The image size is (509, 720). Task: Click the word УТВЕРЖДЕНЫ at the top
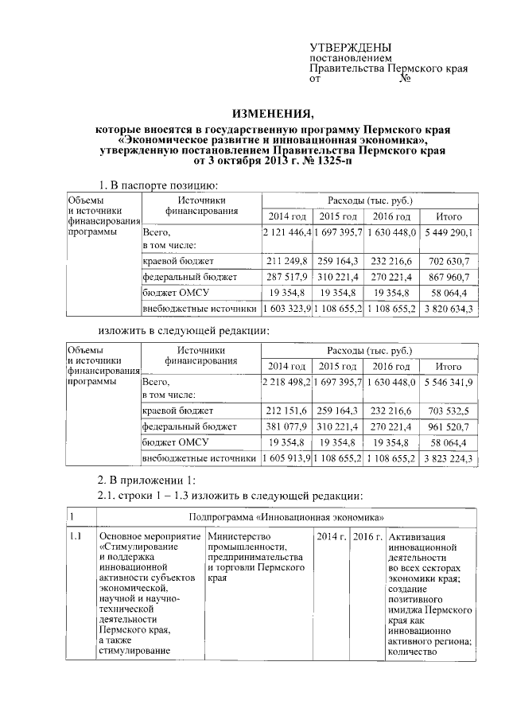(x=350, y=49)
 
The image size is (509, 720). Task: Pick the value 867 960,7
(x=449, y=278)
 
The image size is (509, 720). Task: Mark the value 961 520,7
(x=449, y=427)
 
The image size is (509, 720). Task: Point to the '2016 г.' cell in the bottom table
(x=367, y=536)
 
